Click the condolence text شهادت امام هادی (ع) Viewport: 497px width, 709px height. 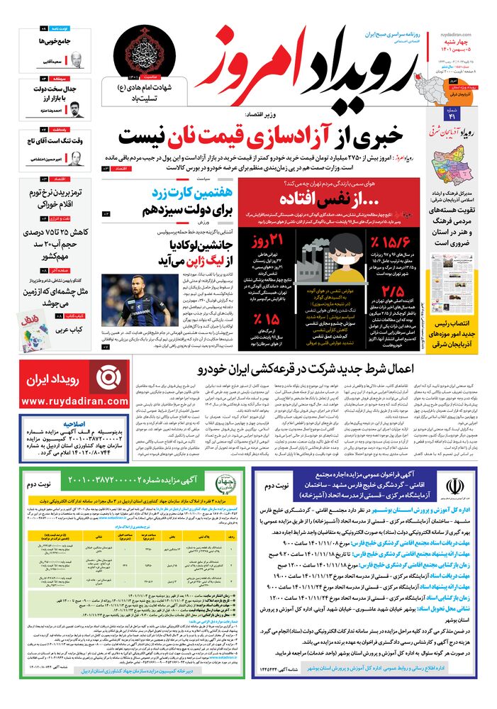151,89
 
